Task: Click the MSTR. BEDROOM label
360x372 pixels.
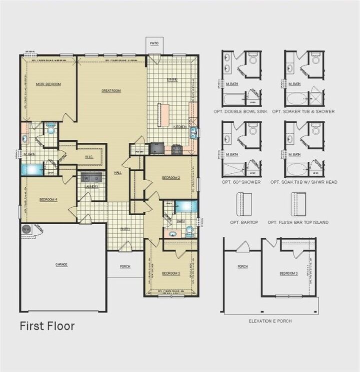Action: coord(48,84)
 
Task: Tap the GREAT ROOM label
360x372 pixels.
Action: coord(111,91)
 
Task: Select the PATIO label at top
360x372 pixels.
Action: coord(154,44)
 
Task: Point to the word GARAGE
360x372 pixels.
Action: coord(61,264)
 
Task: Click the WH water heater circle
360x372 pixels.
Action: coord(26,229)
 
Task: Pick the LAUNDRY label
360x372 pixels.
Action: coord(91,187)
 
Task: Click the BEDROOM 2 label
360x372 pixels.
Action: coord(171,177)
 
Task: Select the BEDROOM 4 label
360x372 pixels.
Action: coord(48,200)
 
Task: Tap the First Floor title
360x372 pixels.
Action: coord(47,327)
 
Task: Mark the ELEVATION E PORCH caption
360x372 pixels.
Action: coord(270,321)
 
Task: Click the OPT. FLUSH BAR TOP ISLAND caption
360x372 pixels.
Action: coord(298,222)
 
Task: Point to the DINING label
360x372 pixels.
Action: coord(172,79)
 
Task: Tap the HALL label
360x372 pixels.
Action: coord(117,172)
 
